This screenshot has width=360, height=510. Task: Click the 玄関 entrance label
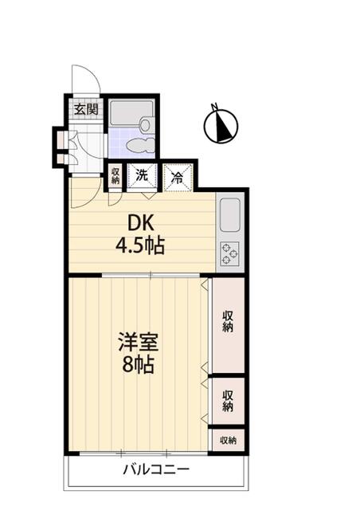pos(86,109)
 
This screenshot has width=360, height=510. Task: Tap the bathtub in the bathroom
pos(131,112)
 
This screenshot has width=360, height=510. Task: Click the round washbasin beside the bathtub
pos(147,125)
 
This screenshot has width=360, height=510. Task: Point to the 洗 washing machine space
pos(142,176)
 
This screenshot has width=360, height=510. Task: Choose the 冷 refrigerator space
pos(178,177)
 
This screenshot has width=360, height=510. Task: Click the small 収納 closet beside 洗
pos(115,176)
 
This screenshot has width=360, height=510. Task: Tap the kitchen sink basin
pos(230,214)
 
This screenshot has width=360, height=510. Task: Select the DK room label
pos(140,224)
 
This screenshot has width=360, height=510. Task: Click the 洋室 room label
pos(139,342)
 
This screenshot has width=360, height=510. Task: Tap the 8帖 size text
pos(139,365)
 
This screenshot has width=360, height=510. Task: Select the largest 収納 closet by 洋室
pos(228,325)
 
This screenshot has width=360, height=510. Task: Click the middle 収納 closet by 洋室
pos(228,401)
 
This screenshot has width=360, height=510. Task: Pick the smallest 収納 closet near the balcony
pos(228,441)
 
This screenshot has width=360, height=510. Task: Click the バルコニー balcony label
pos(156,469)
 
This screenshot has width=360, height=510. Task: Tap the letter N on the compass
pos(214,106)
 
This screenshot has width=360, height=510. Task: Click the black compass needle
pos(222,125)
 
